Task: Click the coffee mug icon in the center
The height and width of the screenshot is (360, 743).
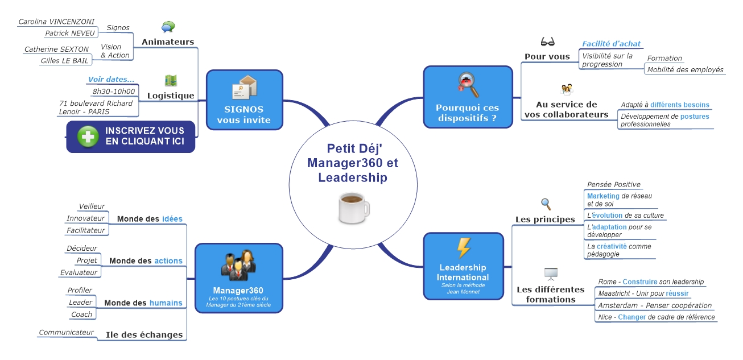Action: pyautogui.click(x=353, y=209)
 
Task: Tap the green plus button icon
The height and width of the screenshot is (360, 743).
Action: pyautogui.click(x=88, y=137)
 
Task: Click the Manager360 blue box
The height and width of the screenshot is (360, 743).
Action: pyautogui.click(x=239, y=278)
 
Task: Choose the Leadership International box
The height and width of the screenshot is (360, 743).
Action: pyautogui.click(x=463, y=266)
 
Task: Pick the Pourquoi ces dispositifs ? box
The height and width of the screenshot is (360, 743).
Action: pyautogui.click(x=468, y=96)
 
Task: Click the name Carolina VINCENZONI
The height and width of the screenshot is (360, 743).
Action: pyautogui.click(x=56, y=22)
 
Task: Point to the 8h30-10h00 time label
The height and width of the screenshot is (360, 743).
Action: pyautogui.click(x=113, y=91)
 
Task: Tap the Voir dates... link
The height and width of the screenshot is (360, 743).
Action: pyautogui.click(x=111, y=79)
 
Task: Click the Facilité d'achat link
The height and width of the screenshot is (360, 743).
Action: pyautogui.click(x=611, y=43)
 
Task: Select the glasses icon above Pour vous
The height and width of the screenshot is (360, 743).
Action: pyautogui.click(x=547, y=42)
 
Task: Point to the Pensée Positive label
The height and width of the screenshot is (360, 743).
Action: pyautogui.click(x=613, y=184)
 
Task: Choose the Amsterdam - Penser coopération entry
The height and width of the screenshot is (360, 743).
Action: pyautogui.click(x=655, y=305)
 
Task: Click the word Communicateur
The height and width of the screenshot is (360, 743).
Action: pyautogui.click(x=66, y=332)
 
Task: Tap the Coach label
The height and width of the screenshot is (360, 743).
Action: pyautogui.click(x=81, y=315)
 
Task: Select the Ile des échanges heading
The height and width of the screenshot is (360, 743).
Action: pyautogui.click(x=144, y=335)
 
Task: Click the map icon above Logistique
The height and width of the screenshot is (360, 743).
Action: pyautogui.click(x=171, y=81)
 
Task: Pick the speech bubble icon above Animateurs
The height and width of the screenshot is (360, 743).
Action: pyautogui.click(x=168, y=27)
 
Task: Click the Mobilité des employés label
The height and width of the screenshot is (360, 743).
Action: pyautogui.click(x=685, y=69)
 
